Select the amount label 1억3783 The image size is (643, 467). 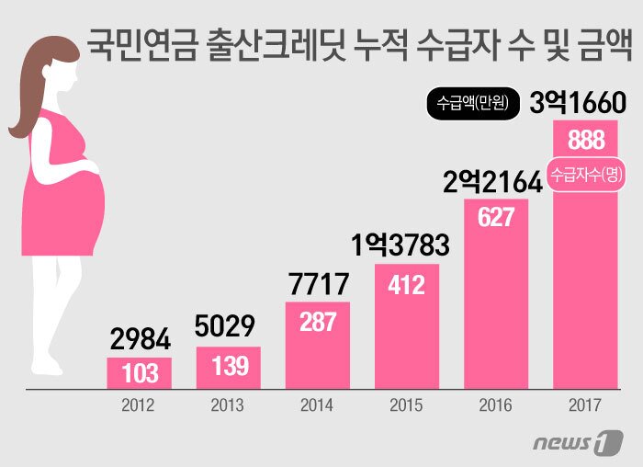400,245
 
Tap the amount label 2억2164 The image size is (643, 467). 492,181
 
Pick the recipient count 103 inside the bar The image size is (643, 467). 140,373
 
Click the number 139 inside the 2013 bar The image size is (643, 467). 229,366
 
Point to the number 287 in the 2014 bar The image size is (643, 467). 317,323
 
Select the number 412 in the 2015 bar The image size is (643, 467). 406,285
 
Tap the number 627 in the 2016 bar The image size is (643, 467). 495,218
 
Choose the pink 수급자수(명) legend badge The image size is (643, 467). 584,176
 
